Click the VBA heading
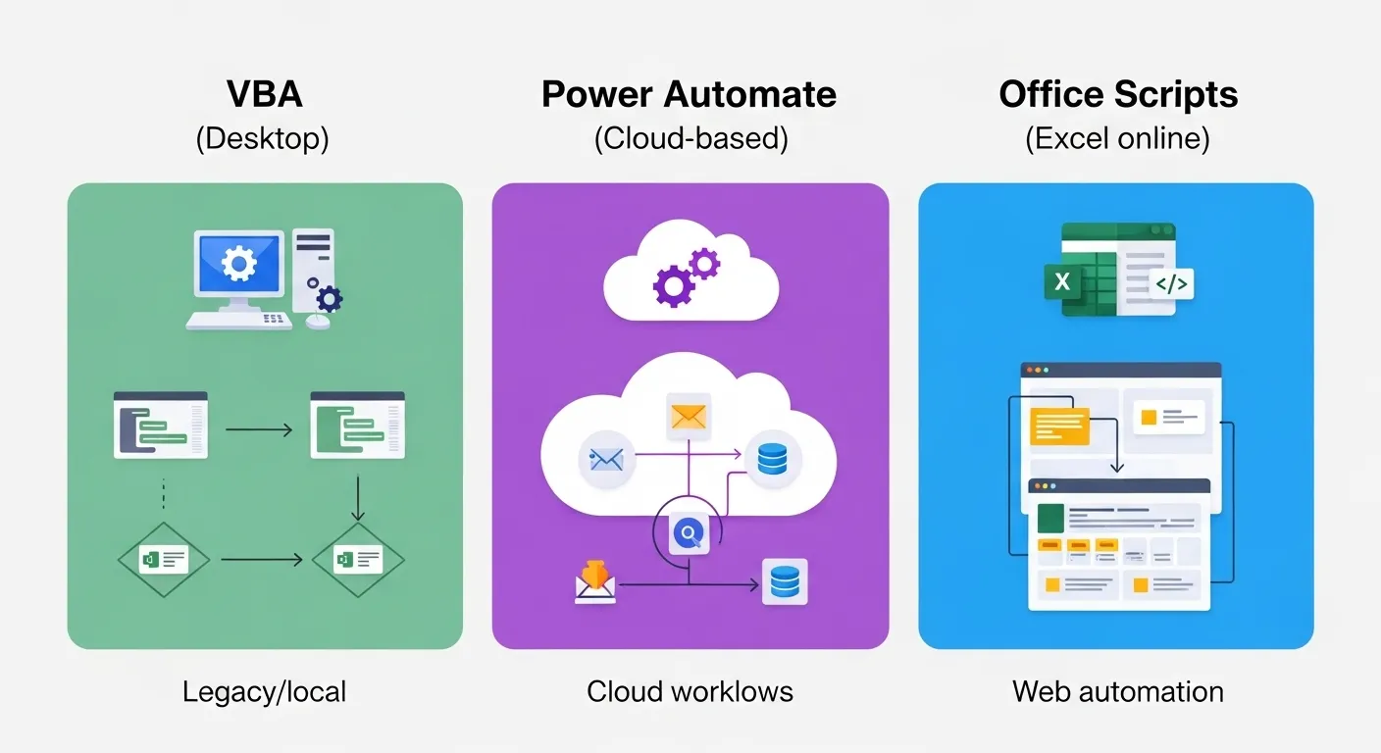point(264,95)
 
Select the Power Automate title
point(690,95)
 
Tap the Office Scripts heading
point(1118,95)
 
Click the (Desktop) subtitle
point(263,138)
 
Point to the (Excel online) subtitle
point(1117,138)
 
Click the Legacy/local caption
point(264,691)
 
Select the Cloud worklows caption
point(690,691)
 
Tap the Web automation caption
point(1117,691)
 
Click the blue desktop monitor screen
point(238,263)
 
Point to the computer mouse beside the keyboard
point(318,321)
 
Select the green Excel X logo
point(1061,282)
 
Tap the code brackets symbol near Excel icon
point(1171,284)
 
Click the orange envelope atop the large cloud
point(688,415)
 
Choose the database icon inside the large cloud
point(773,458)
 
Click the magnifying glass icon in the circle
point(688,533)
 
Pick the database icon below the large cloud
point(785,581)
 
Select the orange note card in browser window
point(1059,427)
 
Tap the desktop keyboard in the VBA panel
point(240,321)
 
